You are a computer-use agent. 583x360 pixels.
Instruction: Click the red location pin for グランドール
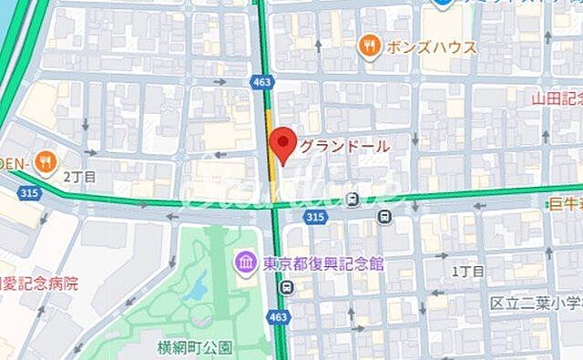coord(284,144)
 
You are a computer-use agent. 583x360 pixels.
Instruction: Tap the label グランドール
coord(344,146)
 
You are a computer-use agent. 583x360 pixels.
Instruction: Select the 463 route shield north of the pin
coord(262,83)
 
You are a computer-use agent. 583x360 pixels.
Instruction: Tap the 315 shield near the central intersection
coord(316,217)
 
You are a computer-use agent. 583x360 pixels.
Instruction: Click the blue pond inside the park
coord(193,293)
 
